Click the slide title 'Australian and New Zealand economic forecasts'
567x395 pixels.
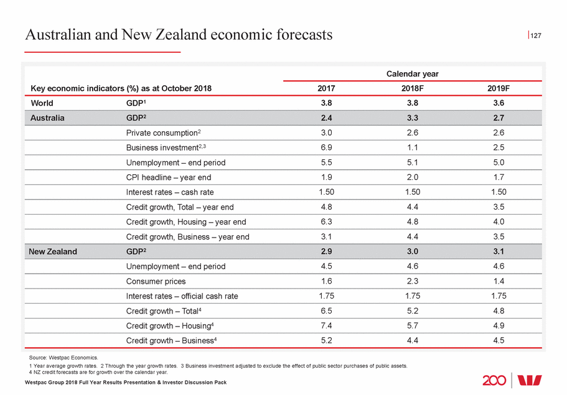tap(179, 35)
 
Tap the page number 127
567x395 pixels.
tap(536, 36)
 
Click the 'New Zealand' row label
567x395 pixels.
tap(53, 251)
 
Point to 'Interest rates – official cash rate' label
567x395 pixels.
tap(182, 296)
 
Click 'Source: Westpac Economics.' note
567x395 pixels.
tap(63, 358)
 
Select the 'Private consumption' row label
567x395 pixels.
tap(164, 132)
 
